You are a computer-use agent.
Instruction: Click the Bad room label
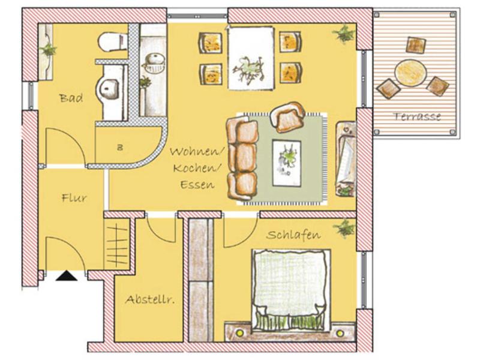pos(71,98)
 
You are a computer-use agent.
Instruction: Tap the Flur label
pos(74,198)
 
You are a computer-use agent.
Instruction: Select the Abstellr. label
pos(150,299)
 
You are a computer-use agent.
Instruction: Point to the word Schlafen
pos(293,235)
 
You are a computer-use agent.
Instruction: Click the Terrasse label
pos(417,116)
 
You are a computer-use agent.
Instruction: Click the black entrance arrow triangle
pos(67,276)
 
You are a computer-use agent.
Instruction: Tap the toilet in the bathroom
pos(113,42)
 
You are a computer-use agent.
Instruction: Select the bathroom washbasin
pos(108,89)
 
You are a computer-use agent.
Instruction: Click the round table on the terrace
pos(410,73)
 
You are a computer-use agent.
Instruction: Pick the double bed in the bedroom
pos(291,289)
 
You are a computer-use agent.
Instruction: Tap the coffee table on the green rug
pos(287,163)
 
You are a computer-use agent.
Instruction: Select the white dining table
pos(251,58)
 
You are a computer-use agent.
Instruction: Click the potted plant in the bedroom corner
pos(344,228)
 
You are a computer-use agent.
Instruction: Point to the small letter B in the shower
pos(120,148)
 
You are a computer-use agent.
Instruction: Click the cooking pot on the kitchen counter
pos(154,64)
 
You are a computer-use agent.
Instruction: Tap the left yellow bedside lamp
pos(239,333)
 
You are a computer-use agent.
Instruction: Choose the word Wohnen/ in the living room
pos(197,152)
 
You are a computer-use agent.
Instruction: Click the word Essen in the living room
pos(197,185)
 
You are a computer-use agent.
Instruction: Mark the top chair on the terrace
pos(416,45)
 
